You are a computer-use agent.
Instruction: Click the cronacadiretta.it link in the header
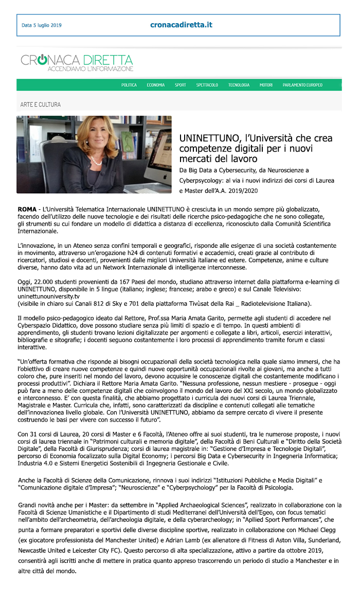click(x=181, y=25)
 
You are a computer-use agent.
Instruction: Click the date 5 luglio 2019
click(x=41, y=25)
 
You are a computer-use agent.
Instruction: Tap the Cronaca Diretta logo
click(x=77, y=63)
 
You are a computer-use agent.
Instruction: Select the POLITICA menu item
click(x=129, y=85)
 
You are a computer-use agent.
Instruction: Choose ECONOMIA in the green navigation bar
click(x=155, y=85)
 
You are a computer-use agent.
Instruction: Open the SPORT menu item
click(x=180, y=85)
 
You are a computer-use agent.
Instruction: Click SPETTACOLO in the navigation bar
click(x=207, y=85)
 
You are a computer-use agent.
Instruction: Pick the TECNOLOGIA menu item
click(x=239, y=85)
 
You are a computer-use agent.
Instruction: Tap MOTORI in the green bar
click(x=266, y=85)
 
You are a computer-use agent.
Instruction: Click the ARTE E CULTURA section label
click(x=40, y=104)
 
